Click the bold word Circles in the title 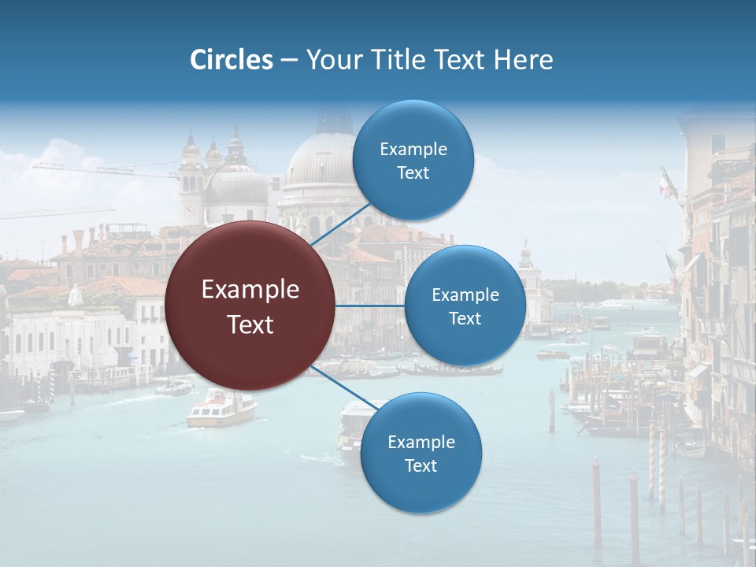(x=232, y=60)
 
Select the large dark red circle (x=250, y=306)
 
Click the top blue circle (x=413, y=161)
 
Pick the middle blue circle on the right (x=465, y=306)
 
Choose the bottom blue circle (x=421, y=454)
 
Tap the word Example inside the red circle (x=250, y=290)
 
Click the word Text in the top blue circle (x=413, y=173)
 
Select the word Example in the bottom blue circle (x=421, y=442)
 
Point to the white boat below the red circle (x=221, y=409)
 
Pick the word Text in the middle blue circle (x=465, y=318)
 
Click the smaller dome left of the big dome (x=235, y=185)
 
